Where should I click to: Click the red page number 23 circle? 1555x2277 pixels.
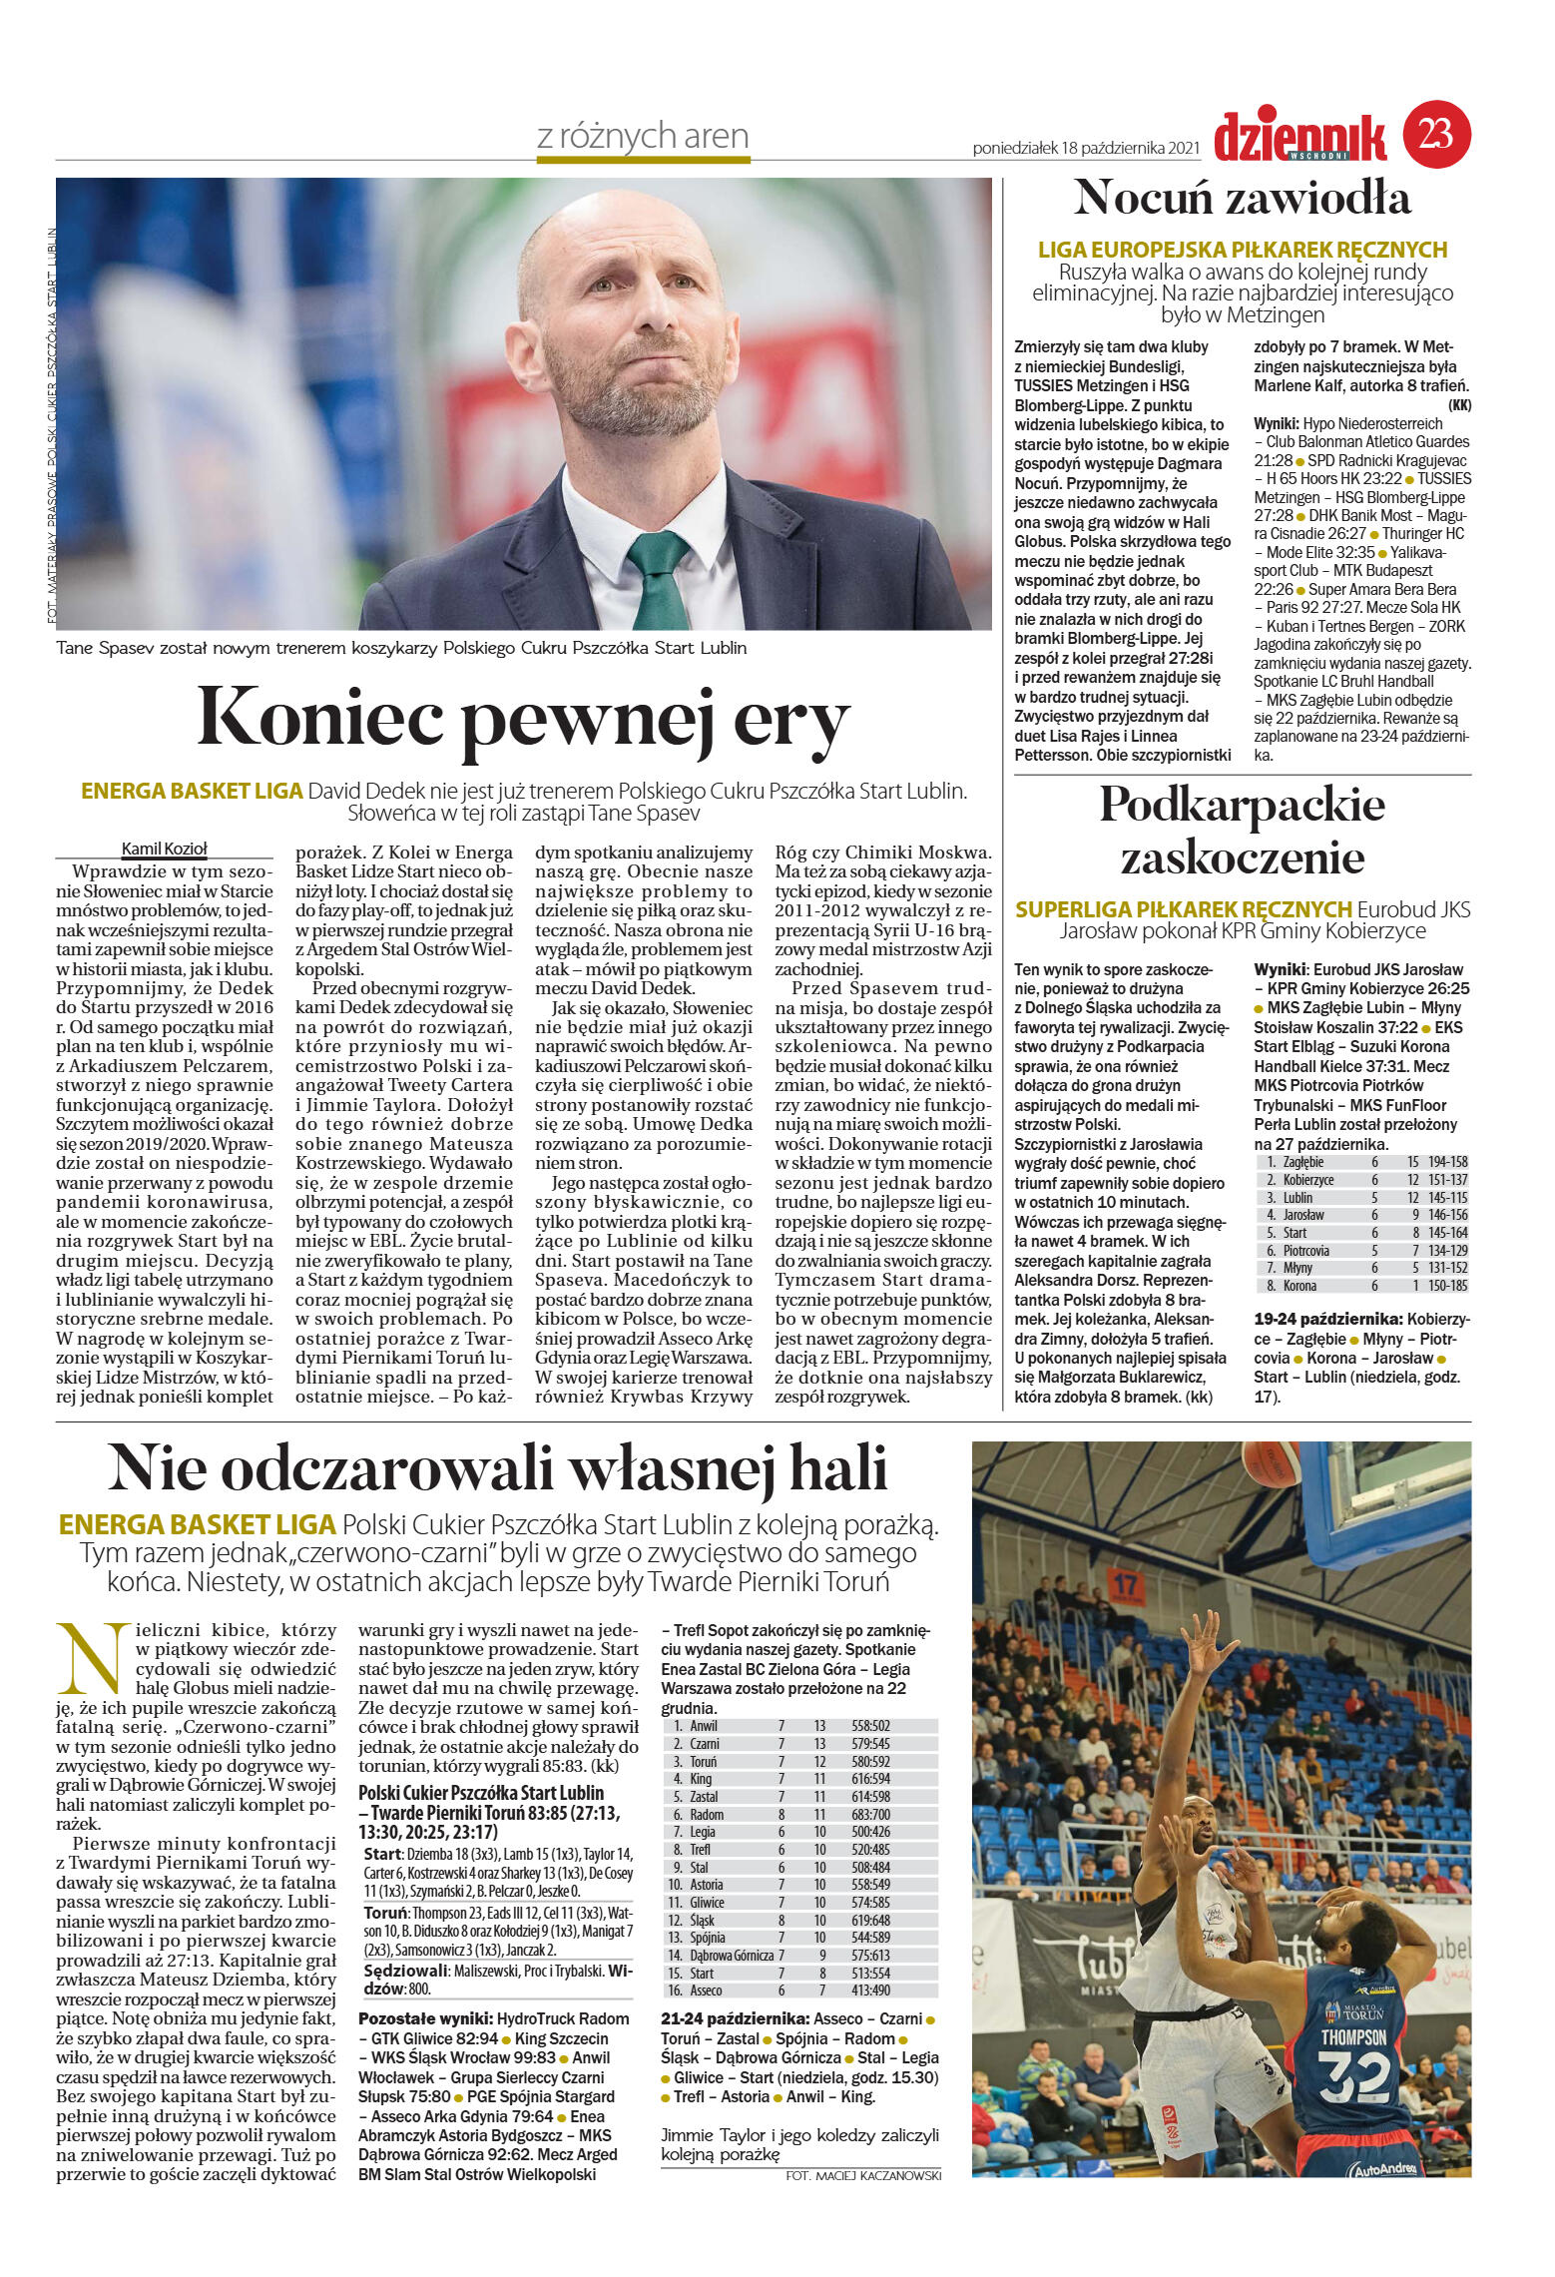tap(1436, 134)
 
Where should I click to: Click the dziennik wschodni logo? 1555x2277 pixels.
tap(1299, 137)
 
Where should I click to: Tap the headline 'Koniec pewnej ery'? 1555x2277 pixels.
tap(523, 717)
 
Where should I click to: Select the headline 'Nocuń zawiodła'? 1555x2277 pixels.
tap(1242, 198)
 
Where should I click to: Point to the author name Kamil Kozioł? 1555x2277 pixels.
tap(164, 850)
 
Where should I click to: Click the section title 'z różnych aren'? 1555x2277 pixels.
tap(642, 136)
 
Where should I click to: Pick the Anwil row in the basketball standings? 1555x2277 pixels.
tap(798, 1726)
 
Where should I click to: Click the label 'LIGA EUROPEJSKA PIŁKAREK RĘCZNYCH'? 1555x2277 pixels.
tap(1242, 250)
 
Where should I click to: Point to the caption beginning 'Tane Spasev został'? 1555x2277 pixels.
tap(401, 648)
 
